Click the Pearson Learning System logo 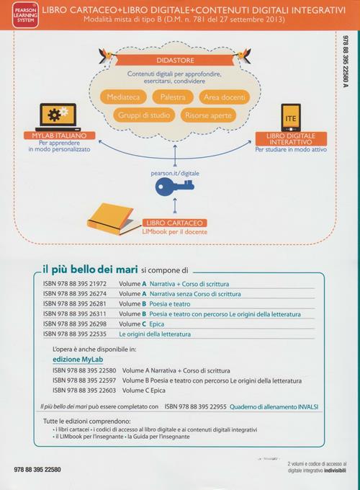point(26,15)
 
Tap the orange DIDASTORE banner point(175,60)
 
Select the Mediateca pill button point(123,97)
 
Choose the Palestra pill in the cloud point(173,97)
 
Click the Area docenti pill point(224,97)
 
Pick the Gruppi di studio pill point(144,115)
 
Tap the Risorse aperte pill point(208,115)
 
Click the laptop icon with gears point(58,117)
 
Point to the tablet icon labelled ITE point(291,117)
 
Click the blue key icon point(174,187)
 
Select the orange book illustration point(110,219)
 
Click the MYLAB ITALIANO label point(59,135)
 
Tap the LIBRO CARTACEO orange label point(174,223)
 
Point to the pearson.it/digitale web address point(175,173)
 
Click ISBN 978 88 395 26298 point(75,324)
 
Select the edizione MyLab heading point(78,360)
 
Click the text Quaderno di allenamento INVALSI point(274,407)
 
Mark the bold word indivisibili point(335,471)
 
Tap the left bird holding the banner point(107,55)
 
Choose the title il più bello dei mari point(90,269)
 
